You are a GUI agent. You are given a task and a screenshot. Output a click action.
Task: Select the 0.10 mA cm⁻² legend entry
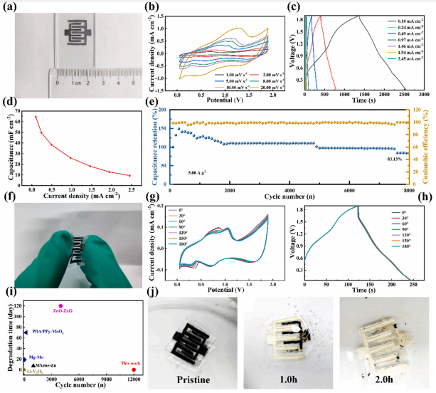[x=404, y=21]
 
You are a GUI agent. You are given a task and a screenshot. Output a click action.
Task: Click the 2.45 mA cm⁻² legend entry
[x=404, y=71]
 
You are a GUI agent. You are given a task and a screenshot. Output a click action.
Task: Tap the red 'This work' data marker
[x=134, y=370]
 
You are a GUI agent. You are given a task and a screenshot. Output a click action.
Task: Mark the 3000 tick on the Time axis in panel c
[x=424, y=93]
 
